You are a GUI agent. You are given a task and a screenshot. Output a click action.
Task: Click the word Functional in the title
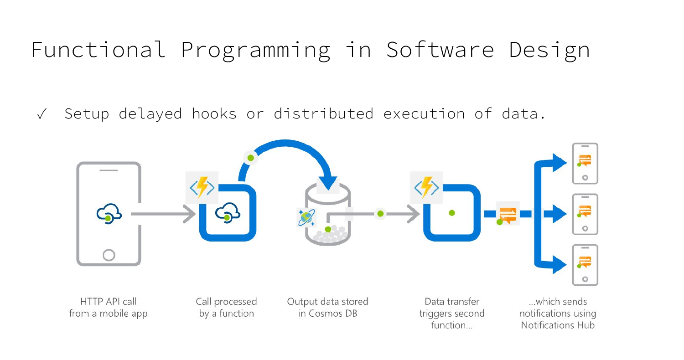coord(98,49)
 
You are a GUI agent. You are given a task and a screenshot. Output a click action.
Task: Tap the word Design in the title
coord(549,49)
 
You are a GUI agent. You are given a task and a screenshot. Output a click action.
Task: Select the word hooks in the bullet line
coord(214,113)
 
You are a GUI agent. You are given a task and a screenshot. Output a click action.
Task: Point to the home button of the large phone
coord(109,254)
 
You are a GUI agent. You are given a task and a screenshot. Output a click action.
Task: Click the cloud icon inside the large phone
coord(109,213)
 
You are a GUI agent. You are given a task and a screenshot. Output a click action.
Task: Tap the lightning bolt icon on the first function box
coord(202,187)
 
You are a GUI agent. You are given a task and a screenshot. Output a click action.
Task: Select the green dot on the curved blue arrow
coord(250,158)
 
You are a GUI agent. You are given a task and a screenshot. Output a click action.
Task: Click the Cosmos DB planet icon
coord(306,218)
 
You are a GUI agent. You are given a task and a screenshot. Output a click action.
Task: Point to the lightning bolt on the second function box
coord(426,187)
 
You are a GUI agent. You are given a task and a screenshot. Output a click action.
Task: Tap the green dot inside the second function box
coord(451,213)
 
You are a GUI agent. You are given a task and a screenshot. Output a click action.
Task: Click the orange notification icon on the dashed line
coord(507,214)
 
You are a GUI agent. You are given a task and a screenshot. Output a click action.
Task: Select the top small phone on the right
coord(585,163)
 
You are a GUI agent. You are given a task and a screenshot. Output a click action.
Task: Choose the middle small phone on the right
coord(585,214)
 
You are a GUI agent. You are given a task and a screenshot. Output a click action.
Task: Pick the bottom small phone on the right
coord(585,265)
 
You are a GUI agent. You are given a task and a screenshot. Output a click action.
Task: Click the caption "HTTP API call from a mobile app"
coord(108,308)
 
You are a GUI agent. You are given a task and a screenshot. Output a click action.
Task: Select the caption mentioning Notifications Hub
coord(558,314)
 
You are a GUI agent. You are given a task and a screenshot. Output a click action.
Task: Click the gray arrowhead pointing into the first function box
coord(190,213)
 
